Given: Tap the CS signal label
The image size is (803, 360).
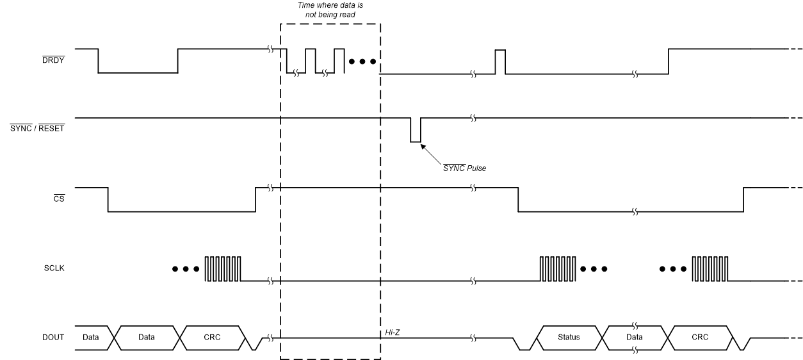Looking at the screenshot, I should (60, 200).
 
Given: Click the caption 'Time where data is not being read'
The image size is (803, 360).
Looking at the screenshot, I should (331, 9).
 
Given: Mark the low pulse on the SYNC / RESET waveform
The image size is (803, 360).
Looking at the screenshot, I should (416, 130).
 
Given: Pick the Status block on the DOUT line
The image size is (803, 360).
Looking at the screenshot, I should (569, 338).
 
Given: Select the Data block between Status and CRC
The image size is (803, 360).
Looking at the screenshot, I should (635, 338).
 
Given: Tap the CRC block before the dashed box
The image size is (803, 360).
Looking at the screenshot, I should (213, 338).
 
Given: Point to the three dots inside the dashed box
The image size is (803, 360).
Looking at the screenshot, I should (362, 62).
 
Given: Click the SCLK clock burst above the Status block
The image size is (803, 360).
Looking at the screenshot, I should (558, 269).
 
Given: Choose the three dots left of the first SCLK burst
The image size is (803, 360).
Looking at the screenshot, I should (186, 269).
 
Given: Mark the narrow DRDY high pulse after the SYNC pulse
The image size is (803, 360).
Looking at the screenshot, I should (500, 61).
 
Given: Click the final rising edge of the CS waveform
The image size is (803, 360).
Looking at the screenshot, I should (743, 200).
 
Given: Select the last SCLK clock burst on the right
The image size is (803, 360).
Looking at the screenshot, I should (710, 269).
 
